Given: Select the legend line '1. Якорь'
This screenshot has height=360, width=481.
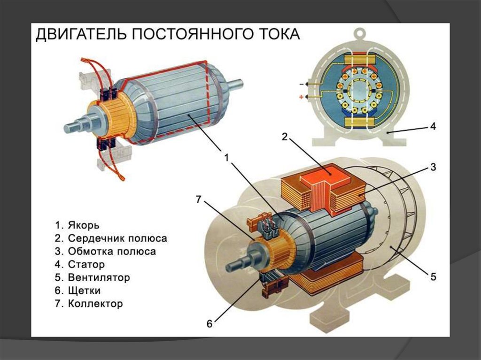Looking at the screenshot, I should (78, 225).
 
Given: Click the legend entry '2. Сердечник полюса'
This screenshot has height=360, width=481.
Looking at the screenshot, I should (111, 238).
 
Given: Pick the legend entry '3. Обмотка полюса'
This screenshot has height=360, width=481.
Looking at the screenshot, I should (105, 251).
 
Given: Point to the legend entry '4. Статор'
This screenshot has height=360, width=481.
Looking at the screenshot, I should (80, 264).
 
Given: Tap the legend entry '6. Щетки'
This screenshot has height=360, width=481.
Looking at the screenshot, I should (78, 291).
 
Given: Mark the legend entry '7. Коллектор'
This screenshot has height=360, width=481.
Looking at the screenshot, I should (89, 304).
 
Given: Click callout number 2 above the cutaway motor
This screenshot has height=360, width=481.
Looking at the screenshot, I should (284, 137).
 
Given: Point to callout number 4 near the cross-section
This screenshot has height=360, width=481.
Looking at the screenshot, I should (433, 126).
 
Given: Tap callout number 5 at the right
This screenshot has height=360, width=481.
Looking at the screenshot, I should (433, 277).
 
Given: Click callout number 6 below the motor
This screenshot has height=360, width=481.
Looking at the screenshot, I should (209, 323).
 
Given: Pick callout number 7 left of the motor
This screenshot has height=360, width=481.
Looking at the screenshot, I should (199, 199).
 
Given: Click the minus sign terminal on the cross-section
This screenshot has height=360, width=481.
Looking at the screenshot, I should (301, 84).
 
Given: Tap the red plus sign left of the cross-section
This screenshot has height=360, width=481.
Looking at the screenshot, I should (301, 97).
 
